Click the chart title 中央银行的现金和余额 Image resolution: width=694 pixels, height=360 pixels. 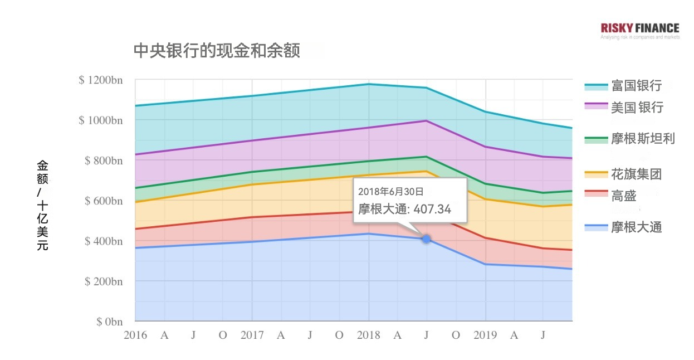point(217,51)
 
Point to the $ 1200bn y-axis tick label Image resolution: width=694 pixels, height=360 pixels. point(101,80)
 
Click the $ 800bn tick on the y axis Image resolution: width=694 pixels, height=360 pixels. point(103,160)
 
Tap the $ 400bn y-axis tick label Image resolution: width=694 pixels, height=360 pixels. point(103,241)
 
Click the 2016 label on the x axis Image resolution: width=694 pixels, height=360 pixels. point(135,335)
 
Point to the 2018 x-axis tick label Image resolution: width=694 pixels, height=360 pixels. point(368,335)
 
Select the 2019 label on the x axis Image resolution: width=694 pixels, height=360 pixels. point(485,335)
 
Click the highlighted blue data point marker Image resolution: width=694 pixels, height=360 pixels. point(426,239)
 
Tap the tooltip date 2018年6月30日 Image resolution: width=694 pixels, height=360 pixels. point(390,192)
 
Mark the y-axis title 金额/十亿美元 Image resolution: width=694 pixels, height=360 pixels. point(43,205)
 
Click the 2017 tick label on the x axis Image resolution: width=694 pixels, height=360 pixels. point(252,335)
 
